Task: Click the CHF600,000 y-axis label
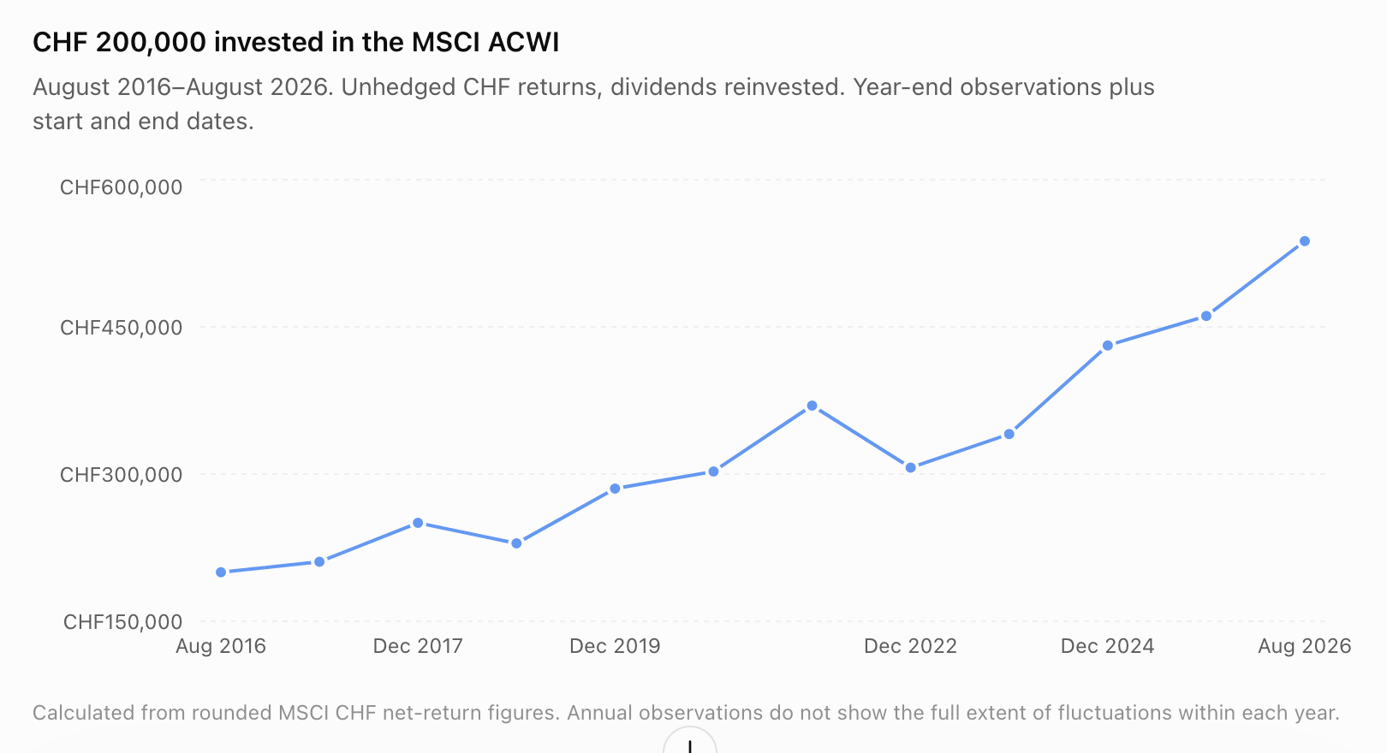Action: [121, 187]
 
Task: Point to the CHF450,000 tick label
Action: [121, 328]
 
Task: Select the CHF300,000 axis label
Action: [121, 475]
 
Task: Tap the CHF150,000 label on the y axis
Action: [122, 622]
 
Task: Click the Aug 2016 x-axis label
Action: [221, 646]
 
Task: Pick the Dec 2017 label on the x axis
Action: [418, 646]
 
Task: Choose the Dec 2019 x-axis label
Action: [615, 646]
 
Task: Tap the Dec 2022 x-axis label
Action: [910, 646]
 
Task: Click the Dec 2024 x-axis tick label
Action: [1108, 646]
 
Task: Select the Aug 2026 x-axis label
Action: [1305, 646]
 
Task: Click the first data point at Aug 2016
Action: [221, 572]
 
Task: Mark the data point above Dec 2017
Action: [418, 524]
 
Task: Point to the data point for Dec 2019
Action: [615, 489]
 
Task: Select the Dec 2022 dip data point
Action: [911, 468]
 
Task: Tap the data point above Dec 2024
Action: [1108, 345]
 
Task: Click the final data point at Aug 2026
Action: [1305, 241]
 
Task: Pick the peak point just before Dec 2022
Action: [813, 406]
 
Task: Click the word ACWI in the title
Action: [523, 43]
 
